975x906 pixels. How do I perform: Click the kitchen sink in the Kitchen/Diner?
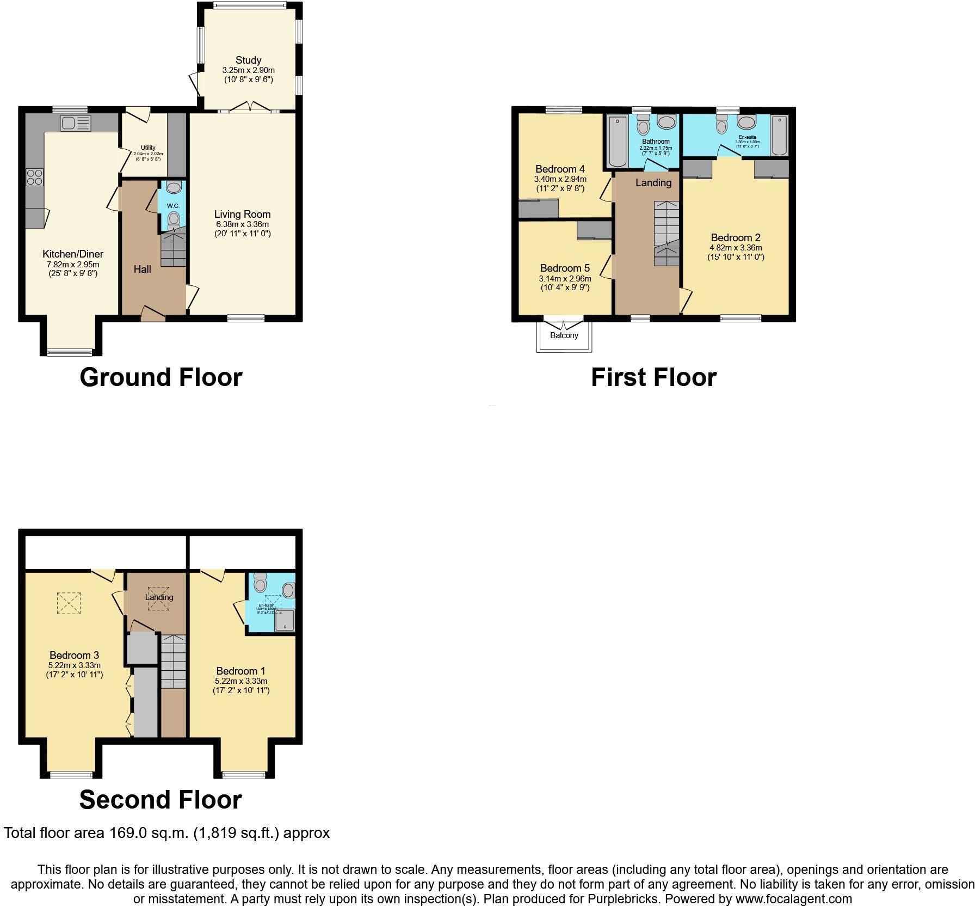[75, 124]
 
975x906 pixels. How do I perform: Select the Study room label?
[248, 60]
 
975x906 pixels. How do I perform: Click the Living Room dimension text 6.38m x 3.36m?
[242, 224]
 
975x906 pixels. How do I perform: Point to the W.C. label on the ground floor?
[173, 206]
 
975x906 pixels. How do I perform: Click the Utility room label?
[148, 148]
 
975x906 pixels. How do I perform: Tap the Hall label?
[143, 269]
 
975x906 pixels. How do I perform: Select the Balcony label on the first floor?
[564, 335]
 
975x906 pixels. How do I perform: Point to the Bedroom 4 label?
[560, 169]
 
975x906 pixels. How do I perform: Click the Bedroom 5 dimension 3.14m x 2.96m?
[565, 278]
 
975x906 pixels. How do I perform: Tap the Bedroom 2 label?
[736, 237]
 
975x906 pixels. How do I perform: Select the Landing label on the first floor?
[653, 182]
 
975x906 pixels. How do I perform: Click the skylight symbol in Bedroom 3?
[69, 602]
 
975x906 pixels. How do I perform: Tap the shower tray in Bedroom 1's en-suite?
[285, 621]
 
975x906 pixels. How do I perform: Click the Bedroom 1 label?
[241, 671]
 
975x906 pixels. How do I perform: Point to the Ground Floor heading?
[161, 377]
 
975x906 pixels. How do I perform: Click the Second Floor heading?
[161, 800]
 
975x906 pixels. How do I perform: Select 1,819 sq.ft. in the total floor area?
[237, 833]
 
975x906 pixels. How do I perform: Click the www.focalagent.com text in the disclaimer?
[794, 899]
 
